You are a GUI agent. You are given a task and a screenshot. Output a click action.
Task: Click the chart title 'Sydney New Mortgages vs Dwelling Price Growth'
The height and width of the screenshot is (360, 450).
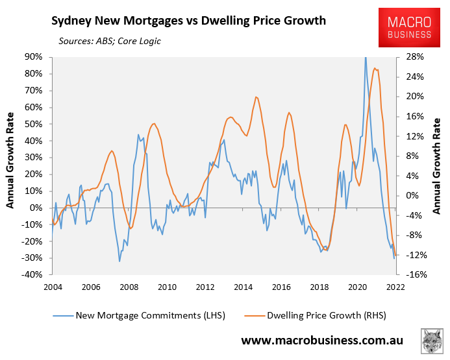pos(188,21)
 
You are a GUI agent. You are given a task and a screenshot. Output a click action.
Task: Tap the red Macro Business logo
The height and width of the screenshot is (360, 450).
pos(409,27)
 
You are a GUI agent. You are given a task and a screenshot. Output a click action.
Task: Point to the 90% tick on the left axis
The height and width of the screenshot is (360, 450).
pos(33,57)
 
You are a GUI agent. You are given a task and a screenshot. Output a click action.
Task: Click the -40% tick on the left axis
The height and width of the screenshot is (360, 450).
pos(32,274)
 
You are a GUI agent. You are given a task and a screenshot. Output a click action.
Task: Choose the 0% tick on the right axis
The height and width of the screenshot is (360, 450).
pos(414,195)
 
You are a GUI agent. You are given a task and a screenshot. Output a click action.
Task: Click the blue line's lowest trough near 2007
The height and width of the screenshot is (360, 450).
pos(119,261)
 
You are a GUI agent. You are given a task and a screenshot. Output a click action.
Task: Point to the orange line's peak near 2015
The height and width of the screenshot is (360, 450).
pos(256,97)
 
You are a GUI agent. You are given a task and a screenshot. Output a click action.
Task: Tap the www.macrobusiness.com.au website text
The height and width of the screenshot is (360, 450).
pos(323,341)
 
